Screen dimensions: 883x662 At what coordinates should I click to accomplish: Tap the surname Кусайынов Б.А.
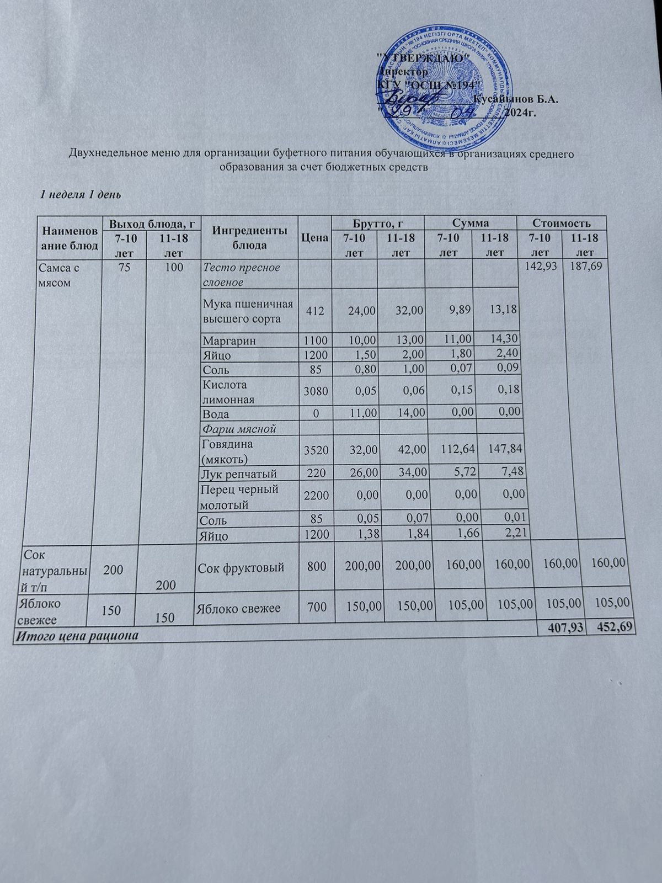tap(516, 99)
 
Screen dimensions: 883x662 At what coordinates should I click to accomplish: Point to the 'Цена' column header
tap(314, 238)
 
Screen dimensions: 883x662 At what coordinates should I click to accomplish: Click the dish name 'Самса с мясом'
tap(58, 274)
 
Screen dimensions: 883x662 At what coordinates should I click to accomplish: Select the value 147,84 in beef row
tap(501, 451)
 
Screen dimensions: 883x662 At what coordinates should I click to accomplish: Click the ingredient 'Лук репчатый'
tap(239, 474)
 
